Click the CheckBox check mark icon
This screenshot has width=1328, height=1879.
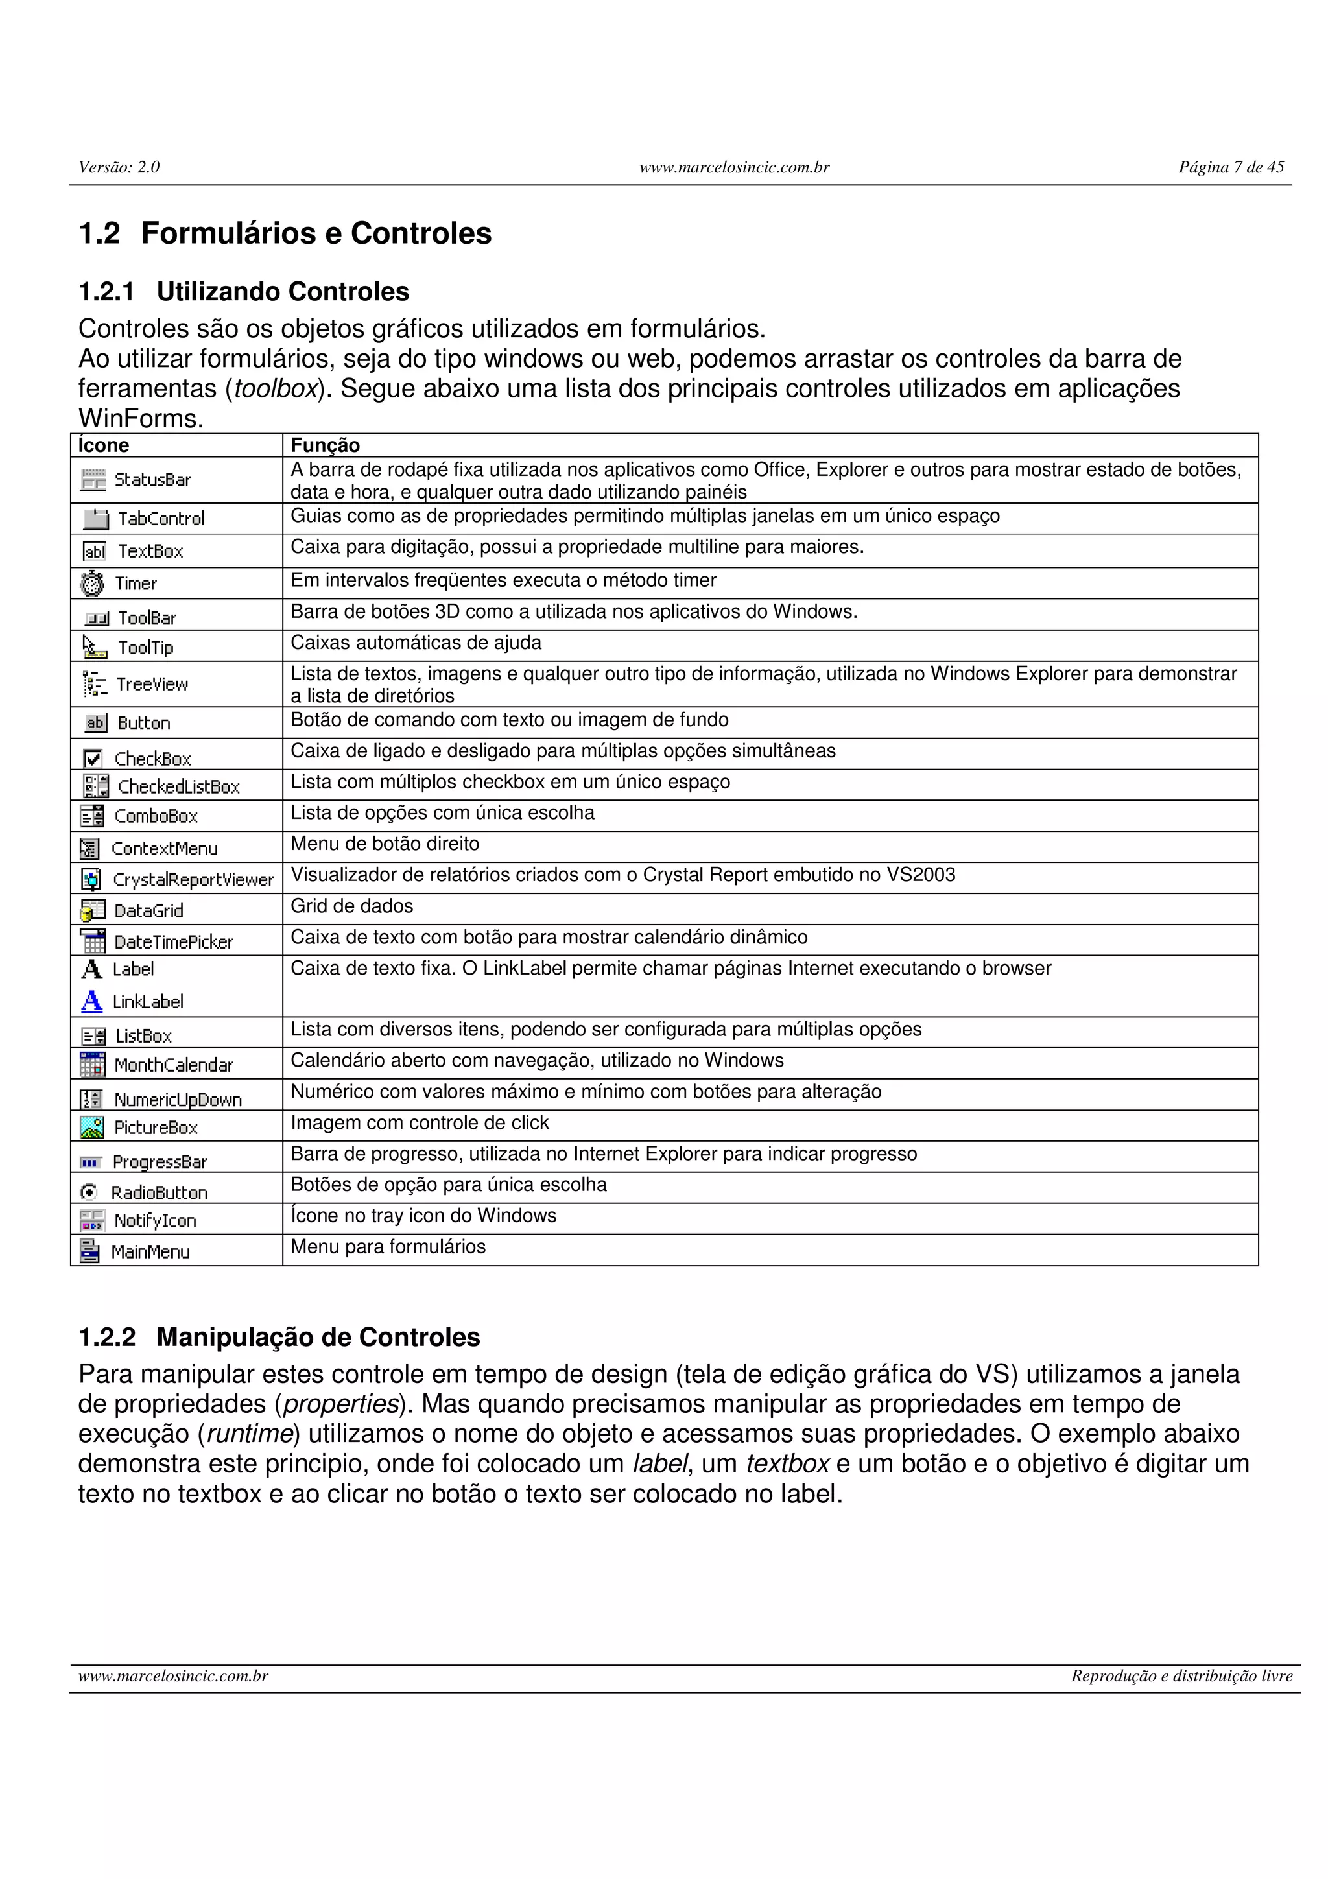93,759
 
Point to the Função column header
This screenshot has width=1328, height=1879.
325,445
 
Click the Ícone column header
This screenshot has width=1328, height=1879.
104,445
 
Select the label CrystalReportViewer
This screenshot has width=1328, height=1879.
193,880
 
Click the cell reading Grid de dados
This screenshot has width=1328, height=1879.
352,906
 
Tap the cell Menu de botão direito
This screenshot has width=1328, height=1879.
385,844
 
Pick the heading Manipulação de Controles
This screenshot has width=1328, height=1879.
318,1337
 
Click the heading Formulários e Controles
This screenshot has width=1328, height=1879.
316,233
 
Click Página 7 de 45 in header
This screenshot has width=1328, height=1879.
1231,167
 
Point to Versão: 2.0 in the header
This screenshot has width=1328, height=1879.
119,167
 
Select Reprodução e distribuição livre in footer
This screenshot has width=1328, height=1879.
1181,1676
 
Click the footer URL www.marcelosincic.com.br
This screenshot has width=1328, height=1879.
174,1676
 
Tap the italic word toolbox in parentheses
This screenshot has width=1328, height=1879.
275,389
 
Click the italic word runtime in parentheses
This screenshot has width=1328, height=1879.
250,1434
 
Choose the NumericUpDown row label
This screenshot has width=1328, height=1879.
178,1100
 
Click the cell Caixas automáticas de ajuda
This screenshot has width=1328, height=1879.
416,643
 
